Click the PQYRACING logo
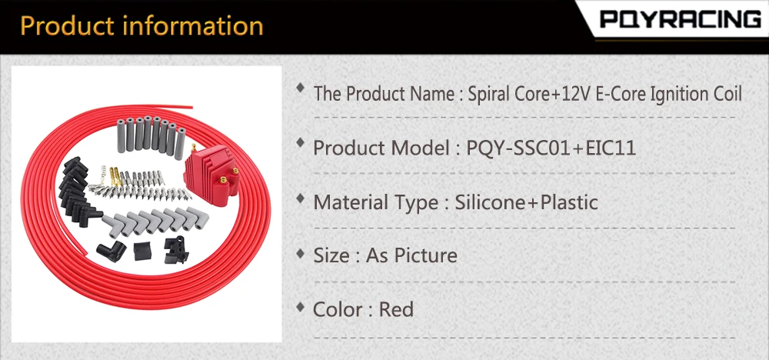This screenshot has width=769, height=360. (681, 20)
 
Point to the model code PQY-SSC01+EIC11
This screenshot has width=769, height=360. (551, 148)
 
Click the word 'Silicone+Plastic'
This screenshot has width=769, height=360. (526, 202)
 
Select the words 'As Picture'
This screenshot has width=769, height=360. (411, 255)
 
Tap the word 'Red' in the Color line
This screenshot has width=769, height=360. (396, 309)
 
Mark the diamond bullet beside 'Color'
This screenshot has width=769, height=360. (300, 307)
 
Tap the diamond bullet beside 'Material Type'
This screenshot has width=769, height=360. (300, 198)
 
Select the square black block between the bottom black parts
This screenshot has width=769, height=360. (143, 251)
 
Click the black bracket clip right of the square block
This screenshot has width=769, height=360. (176, 250)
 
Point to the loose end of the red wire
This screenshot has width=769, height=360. (191, 107)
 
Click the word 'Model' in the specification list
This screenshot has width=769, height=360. (421, 148)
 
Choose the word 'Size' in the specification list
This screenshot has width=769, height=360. (331, 255)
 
